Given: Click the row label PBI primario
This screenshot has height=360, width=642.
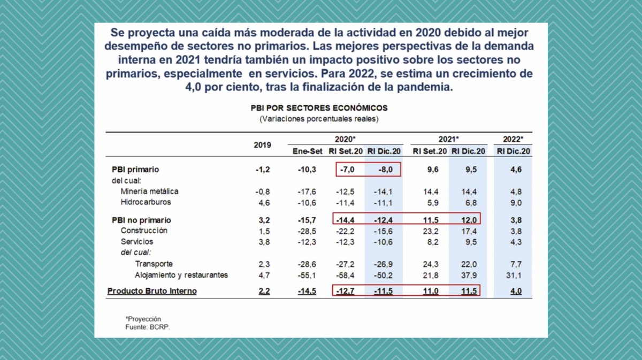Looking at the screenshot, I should (x=135, y=170).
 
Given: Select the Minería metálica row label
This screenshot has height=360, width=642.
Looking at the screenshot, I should (x=149, y=192).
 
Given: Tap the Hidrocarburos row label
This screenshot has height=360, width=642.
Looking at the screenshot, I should (x=146, y=202).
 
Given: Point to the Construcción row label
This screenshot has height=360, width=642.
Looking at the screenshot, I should (x=144, y=231).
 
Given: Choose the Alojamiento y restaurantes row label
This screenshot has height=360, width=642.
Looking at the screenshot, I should (x=181, y=275).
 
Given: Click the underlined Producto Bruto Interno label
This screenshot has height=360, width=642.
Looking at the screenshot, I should (x=152, y=291).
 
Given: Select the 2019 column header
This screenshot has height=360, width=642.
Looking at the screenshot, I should (x=262, y=145).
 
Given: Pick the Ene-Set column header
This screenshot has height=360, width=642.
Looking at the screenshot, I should (x=307, y=151).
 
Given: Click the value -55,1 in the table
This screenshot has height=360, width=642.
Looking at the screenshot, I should (x=307, y=275).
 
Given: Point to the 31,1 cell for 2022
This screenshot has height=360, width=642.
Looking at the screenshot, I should (x=514, y=275).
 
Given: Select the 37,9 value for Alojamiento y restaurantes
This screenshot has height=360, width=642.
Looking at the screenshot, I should (x=468, y=275).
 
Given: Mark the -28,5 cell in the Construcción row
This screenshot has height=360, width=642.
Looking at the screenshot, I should (x=307, y=231).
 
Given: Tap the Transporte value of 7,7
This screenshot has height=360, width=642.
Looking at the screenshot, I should (x=514, y=264).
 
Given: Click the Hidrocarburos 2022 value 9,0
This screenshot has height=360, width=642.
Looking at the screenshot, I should (x=514, y=202).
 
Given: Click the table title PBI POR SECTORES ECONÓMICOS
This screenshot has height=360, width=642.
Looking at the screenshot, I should (x=319, y=108).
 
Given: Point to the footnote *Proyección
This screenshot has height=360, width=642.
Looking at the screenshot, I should (x=143, y=319).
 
